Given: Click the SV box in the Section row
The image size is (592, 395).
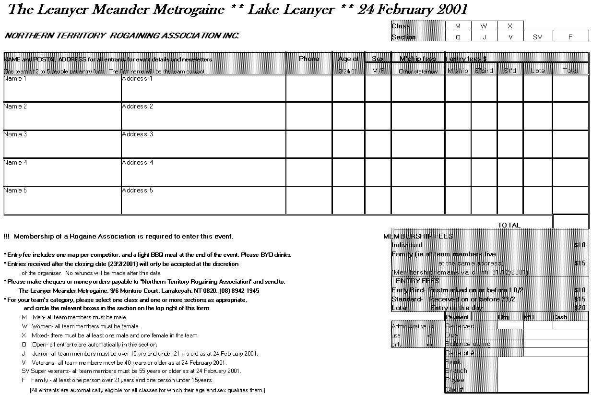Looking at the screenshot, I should pos(537,37).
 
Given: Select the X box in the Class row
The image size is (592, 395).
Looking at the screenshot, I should pos(510,26).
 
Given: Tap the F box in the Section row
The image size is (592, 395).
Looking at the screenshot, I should pos(570,37).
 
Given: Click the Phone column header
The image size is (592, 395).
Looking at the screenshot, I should pos(308,59).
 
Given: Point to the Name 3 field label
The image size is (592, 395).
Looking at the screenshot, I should pos(15,134).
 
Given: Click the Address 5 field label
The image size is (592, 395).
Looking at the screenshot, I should pos(137,191).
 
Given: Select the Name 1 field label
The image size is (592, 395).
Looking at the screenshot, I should pos(15,79).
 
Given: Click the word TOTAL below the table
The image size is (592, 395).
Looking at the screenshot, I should pos(509,225).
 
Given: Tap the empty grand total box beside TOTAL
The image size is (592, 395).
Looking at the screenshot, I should pos(570,222).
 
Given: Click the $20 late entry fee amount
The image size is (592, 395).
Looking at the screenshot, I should pos(580,308).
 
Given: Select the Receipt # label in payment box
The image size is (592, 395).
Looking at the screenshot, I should pos(460,353).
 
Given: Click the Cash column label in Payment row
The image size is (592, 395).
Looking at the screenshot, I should pos(560,317).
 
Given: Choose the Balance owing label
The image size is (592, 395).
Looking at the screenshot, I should pos(468,344).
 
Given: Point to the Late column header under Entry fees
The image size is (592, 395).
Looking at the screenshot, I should pos(538,71).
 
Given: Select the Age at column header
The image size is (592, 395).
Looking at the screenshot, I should pos(348,59).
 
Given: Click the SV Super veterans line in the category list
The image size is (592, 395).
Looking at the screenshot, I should pos(131,371).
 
